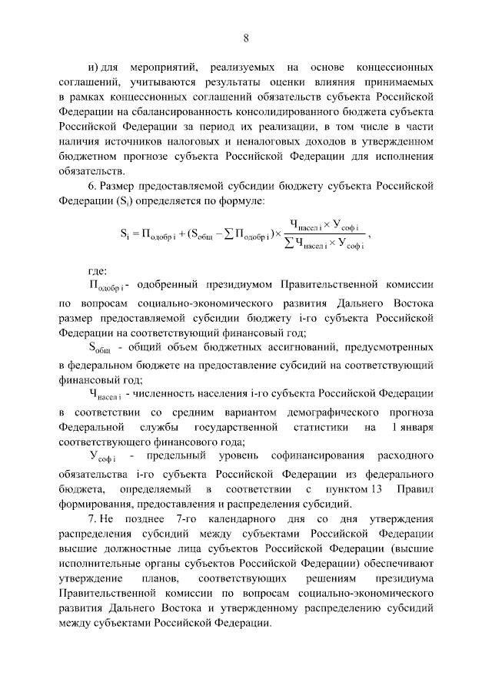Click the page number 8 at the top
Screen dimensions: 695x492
click(x=246, y=38)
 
